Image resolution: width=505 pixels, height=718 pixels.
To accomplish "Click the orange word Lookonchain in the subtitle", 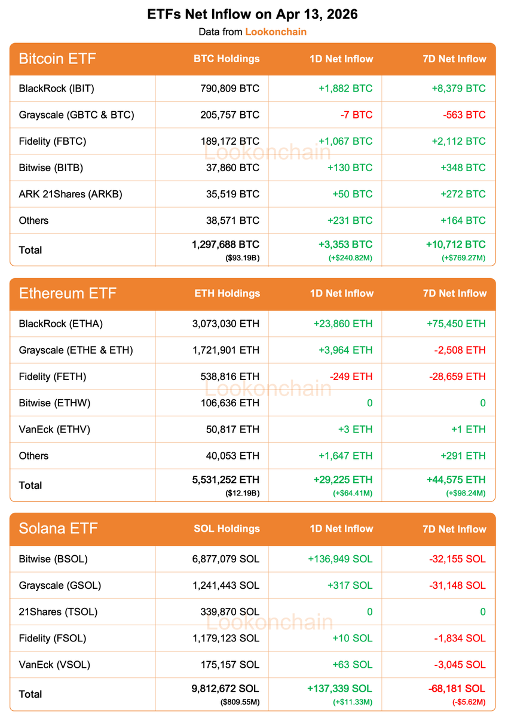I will pos(276,32).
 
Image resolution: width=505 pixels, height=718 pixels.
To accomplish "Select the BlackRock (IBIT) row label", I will pos(57,89).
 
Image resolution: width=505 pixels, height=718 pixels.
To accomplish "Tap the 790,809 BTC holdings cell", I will pos(230,89).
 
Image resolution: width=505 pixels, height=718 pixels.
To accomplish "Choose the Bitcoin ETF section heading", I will pos(57,59).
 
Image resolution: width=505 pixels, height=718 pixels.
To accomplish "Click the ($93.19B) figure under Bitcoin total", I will pos(243,258).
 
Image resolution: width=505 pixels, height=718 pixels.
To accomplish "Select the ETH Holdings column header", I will pos(227,294).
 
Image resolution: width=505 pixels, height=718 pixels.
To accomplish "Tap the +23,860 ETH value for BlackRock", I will pos(342,324).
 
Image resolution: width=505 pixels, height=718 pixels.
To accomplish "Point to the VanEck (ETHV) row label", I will pos(54,429).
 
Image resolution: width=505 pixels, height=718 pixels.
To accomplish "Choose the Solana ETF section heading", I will pos(58,529).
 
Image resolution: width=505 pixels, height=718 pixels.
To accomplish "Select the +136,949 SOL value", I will pos(340,559).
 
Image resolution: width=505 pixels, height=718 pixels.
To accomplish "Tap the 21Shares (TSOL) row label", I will pos(58,611).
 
